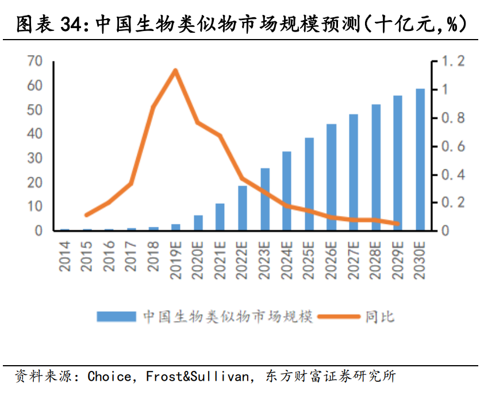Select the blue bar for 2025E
[x=309, y=184]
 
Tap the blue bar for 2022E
[x=243, y=208]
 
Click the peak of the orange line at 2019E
[x=175, y=71]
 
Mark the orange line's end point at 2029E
[x=398, y=224]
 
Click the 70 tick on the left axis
[x=35, y=61]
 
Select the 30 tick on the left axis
[x=35, y=158]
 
